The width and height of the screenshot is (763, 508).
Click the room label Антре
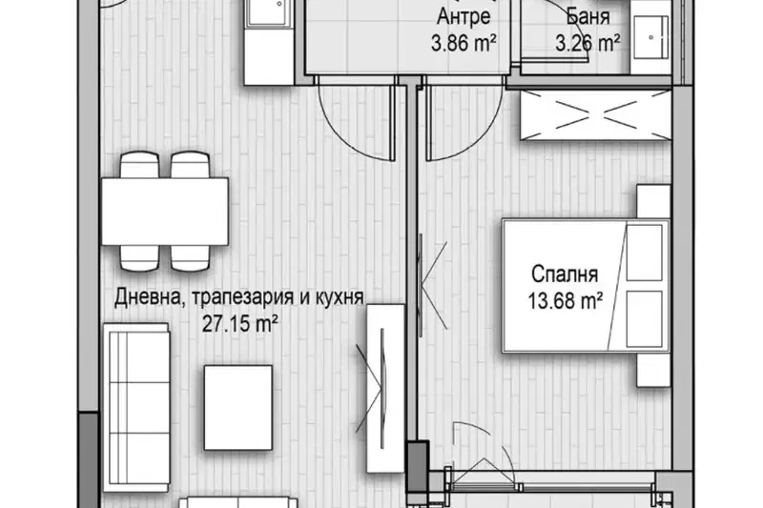pos(464,17)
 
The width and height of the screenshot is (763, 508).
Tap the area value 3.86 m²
pos(464,43)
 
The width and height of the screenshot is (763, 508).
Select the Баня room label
pos(588,17)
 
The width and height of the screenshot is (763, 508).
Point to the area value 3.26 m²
pos(588,43)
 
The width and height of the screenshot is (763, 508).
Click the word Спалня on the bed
pos(565,274)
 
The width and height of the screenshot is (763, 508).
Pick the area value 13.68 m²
pos(566,301)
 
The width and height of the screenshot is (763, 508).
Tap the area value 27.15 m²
pos(240,323)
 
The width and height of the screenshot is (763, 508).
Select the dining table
pos(164,212)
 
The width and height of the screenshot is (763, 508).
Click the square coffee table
pos(237,407)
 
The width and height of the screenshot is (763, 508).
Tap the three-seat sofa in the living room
pos(136,407)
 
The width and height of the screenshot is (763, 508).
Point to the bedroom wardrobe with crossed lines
pos(595,115)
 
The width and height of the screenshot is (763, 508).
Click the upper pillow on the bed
pos(645,253)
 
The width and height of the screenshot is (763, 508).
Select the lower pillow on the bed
pos(645,319)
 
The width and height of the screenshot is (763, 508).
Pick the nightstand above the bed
pos(653,201)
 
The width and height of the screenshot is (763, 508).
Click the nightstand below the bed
pos(653,370)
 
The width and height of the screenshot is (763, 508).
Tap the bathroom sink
pos(650,37)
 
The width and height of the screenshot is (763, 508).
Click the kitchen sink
pos(270,12)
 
